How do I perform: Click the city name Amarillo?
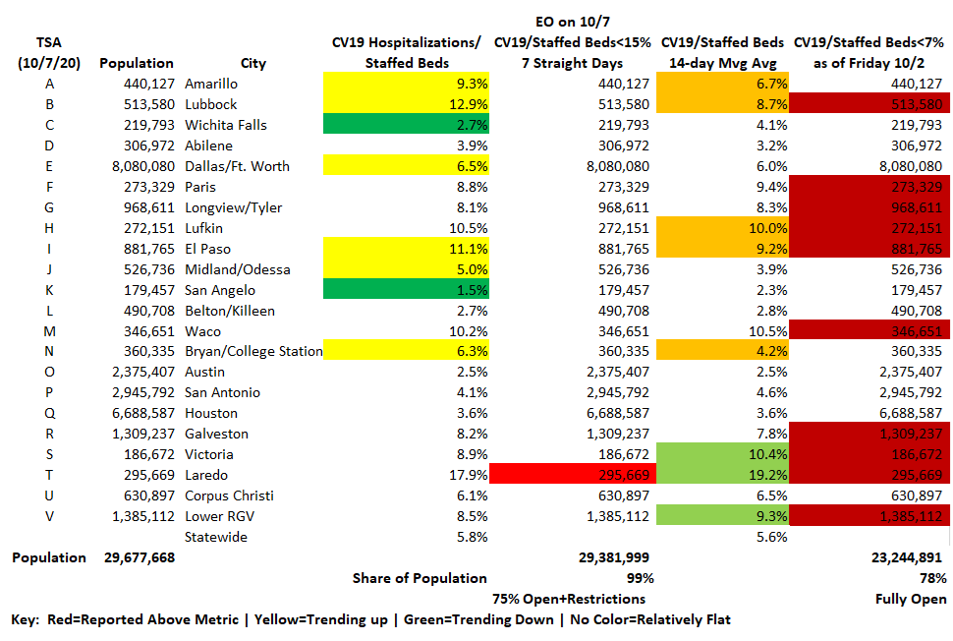point(210,85)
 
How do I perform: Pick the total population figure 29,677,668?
point(139,558)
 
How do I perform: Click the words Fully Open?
point(912,599)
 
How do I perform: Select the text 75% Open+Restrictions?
point(569,599)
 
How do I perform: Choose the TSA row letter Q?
point(49,414)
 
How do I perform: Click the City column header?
point(252,64)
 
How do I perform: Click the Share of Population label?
point(420,578)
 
